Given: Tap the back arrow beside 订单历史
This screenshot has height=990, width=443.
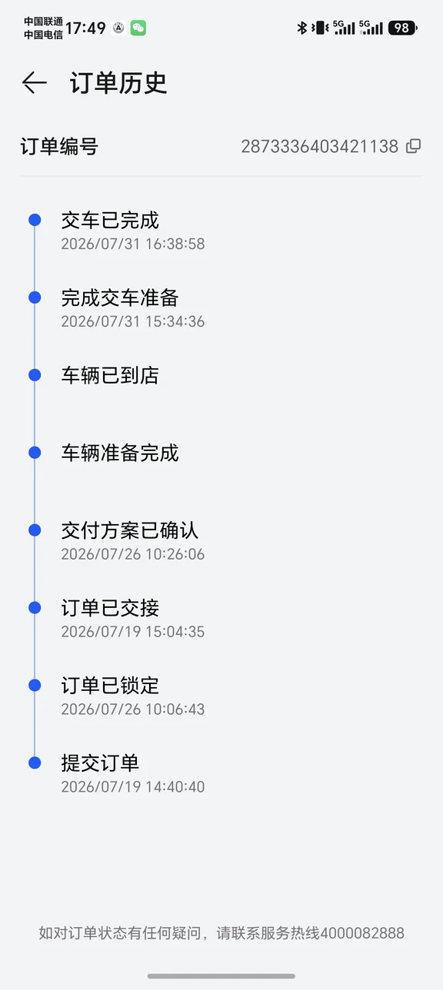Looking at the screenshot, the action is (35, 83).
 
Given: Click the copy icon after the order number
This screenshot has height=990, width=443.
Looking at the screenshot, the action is (413, 146).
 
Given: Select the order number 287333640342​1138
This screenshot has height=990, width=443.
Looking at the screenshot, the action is (320, 146).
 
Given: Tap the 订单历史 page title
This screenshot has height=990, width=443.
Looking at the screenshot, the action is (118, 83).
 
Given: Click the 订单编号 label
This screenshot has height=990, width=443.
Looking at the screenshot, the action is (59, 146).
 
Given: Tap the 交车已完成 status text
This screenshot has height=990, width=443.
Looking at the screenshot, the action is (110, 220).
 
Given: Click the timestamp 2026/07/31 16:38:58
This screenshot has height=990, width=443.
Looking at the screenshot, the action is (133, 244).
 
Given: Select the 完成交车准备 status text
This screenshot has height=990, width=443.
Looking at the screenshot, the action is (120, 297).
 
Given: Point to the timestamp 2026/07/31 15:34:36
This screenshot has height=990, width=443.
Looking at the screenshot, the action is (133, 321).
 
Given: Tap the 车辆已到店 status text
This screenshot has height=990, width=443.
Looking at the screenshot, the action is (110, 375).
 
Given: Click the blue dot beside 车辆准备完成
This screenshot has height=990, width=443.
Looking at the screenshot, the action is (35, 453).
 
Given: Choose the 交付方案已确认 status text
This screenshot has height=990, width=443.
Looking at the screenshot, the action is (129, 530).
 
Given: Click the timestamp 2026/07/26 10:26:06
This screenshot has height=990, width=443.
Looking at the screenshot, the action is (133, 554).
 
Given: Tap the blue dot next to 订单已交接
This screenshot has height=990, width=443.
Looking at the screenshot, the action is (35, 608).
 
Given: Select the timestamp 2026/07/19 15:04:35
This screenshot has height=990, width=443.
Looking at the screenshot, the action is (133, 632).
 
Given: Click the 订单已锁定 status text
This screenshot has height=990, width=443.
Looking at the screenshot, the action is (110, 686).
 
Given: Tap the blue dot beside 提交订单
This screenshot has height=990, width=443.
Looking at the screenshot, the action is (35, 762).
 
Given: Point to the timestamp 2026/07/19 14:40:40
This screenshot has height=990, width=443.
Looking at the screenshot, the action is (133, 787).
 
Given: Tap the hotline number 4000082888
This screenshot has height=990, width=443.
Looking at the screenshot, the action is (362, 933).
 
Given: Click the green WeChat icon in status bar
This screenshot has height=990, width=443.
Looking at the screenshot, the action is (138, 28).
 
